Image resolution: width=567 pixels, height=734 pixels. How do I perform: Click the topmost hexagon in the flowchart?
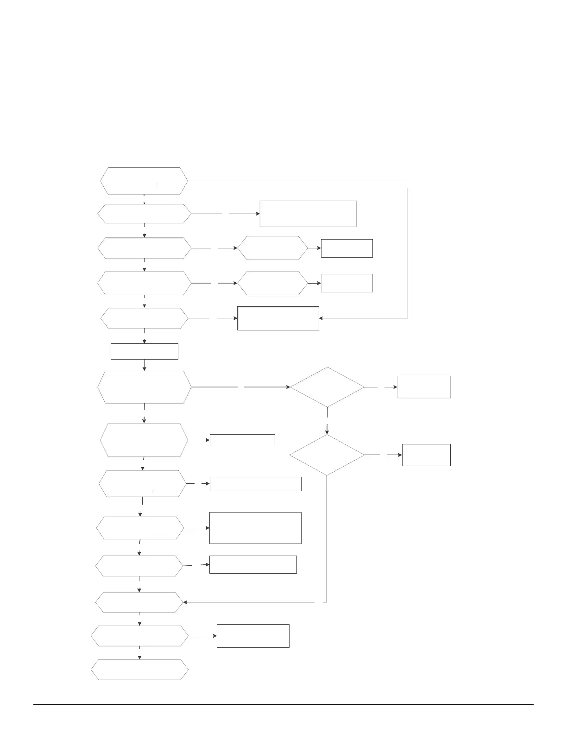[x=144, y=181]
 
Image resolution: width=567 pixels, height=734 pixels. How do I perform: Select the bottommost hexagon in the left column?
[x=139, y=670]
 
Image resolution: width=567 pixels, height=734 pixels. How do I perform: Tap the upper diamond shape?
[x=328, y=387]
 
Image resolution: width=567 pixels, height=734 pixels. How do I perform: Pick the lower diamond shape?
[x=327, y=455]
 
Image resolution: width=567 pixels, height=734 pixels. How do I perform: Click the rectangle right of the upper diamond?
[x=423, y=387]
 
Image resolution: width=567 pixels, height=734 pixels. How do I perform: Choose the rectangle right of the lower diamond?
[x=426, y=455]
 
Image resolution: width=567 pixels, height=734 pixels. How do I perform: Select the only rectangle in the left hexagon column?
[x=145, y=351]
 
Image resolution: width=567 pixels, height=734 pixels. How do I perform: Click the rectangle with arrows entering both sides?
[x=278, y=318]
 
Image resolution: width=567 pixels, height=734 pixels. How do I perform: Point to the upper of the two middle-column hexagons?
[x=272, y=248]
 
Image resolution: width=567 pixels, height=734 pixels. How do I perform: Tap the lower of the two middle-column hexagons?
[x=272, y=283]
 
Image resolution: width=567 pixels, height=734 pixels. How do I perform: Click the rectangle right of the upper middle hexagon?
[x=346, y=248]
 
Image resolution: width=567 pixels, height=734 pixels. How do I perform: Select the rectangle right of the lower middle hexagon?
[x=346, y=283]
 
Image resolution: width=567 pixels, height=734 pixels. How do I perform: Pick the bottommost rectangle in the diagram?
[x=253, y=636]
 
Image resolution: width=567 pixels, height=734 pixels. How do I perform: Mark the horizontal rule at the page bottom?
[x=283, y=705]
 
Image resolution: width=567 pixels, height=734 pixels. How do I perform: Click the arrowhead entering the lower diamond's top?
[x=327, y=432]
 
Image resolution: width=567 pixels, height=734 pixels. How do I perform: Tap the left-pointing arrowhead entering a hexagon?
[x=185, y=602]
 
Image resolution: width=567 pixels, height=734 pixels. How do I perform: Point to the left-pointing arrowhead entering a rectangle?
[x=321, y=318]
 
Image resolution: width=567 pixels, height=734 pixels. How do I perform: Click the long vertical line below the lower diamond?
[x=327, y=538]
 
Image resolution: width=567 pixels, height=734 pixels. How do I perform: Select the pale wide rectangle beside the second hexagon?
[x=308, y=214]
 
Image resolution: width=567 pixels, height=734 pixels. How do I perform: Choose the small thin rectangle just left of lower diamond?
[x=242, y=440]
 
